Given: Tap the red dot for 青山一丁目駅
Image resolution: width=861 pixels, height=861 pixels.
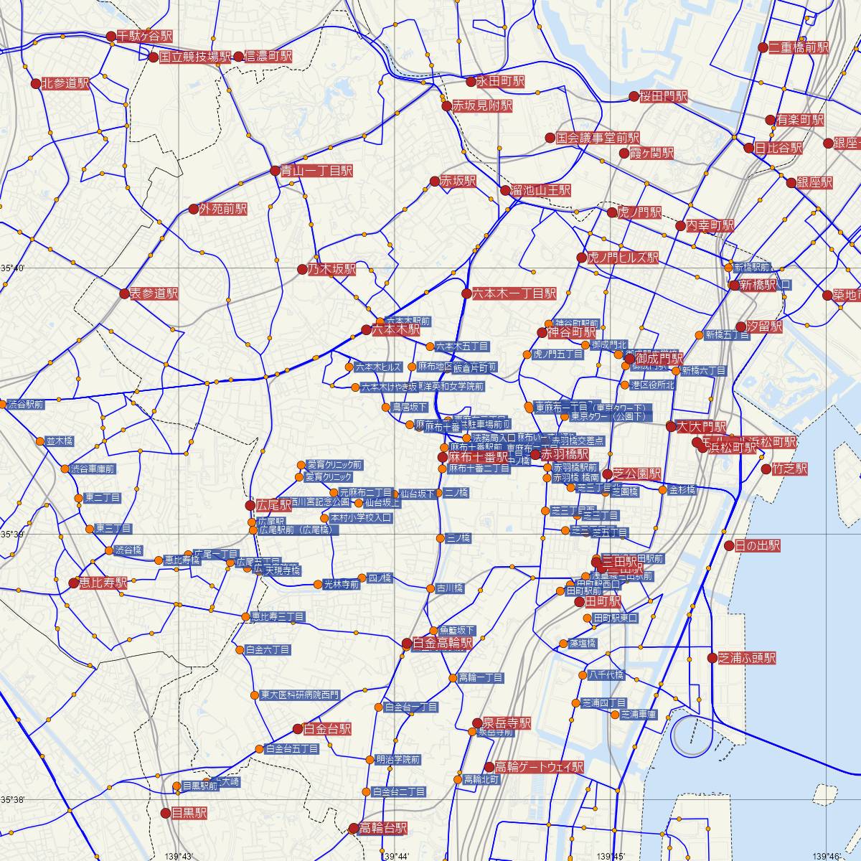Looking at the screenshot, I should tap(276, 171).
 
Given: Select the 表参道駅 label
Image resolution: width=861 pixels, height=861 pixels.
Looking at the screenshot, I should tap(154, 293).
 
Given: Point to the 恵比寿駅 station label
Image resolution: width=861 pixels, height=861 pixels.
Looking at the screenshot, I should tap(103, 583).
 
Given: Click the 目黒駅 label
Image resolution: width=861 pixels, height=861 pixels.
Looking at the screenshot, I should tap(189, 813).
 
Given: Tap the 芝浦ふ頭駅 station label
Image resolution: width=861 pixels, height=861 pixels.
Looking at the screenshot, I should tap(746, 658).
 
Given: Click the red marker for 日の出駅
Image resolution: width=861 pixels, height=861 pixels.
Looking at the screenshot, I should tap(729, 545).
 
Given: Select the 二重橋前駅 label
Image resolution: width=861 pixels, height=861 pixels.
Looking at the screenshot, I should tap(799, 48).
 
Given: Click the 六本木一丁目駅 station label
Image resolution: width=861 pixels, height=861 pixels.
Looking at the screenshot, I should tap(514, 293).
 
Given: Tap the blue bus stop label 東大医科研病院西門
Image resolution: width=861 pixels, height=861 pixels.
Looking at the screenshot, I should tap(300, 695).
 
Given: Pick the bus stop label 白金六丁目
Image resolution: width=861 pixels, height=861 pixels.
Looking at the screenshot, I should tap(267, 650).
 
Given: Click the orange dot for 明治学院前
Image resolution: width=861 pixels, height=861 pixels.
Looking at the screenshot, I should tap(370, 759).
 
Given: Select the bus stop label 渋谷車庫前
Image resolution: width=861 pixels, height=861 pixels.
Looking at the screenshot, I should tap(92, 469).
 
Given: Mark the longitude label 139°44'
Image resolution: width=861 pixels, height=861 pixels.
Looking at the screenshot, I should tap(396, 856).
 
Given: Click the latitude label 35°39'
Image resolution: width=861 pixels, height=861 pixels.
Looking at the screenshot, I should tap(12, 534).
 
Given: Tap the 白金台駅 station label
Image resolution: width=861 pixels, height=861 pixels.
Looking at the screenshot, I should tap(327, 729).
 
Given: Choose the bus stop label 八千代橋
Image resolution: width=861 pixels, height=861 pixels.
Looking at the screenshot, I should tap(606, 675).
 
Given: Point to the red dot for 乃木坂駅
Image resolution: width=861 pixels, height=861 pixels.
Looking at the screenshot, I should tap(302, 269).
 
